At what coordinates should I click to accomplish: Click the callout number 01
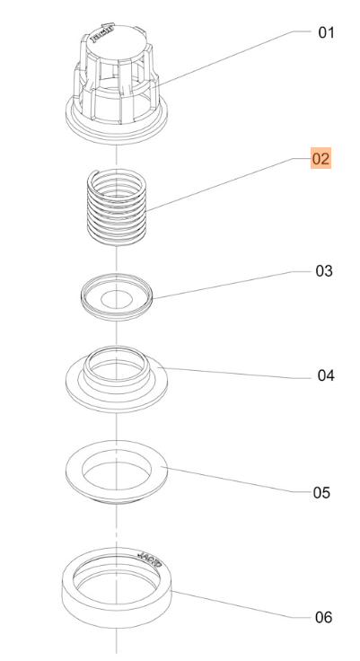tap(326, 32)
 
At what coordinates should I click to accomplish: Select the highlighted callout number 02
tap(320, 158)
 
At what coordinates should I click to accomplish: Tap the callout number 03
tap(324, 270)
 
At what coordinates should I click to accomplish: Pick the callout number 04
tap(326, 375)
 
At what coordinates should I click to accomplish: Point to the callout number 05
tap(321, 492)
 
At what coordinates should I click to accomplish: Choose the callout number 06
tap(324, 617)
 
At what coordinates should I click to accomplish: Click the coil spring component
tap(117, 207)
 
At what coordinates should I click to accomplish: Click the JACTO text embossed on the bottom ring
tap(150, 560)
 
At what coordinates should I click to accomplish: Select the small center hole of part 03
tap(117, 298)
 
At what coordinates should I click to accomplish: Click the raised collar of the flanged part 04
tap(117, 367)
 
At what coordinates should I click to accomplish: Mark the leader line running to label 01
tap(231, 58)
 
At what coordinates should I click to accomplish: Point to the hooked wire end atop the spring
tap(95, 172)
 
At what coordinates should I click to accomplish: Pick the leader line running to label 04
tap(239, 373)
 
